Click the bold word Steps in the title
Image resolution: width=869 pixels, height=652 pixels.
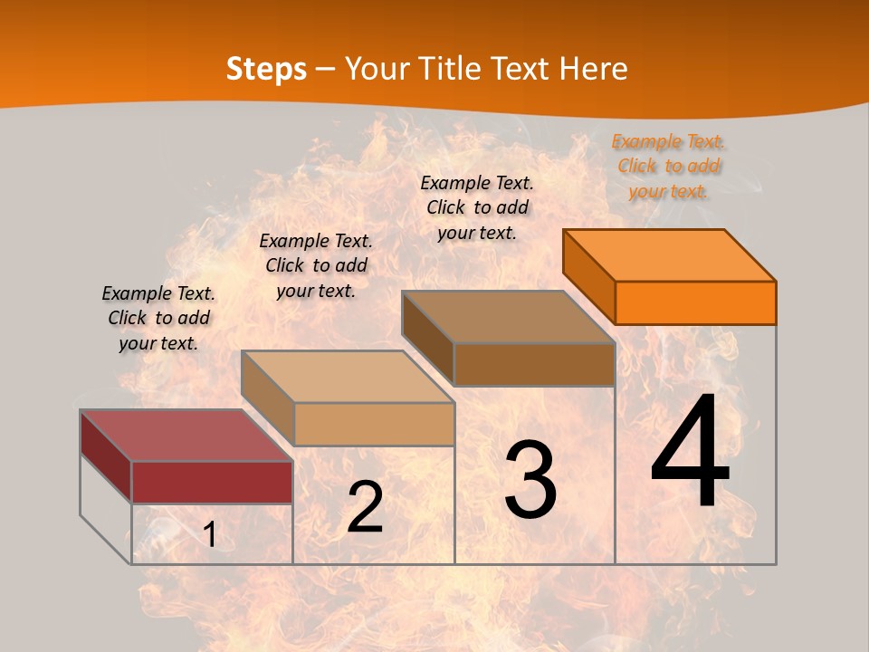(266, 69)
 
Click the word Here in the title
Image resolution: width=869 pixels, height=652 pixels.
(592, 69)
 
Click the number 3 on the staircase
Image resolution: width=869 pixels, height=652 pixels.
(530, 479)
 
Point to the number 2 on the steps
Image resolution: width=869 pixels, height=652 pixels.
(365, 507)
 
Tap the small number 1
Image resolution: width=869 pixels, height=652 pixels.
(210, 535)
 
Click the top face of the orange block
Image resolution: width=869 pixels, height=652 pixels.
(670, 255)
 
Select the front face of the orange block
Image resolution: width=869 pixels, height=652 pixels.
(695, 302)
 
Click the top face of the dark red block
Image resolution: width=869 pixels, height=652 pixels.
(186, 435)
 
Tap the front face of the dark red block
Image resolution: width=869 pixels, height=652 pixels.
(212, 482)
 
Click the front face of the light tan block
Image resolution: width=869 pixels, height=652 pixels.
(374, 424)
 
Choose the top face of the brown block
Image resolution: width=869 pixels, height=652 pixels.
(509, 317)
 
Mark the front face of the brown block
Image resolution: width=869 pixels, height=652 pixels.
(534, 364)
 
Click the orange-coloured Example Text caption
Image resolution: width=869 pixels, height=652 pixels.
(668, 166)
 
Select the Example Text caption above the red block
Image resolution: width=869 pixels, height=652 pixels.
(158, 318)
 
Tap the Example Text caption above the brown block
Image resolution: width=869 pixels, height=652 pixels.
(477, 207)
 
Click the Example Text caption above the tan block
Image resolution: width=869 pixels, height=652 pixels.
(316, 265)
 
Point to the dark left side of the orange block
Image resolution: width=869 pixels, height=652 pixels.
(588, 276)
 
